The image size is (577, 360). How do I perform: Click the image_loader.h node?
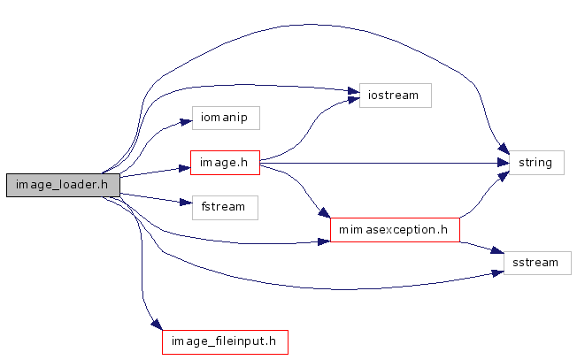(62, 185)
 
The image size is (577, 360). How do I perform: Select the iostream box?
(395, 95)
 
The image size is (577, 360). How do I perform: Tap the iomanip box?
(225, 117)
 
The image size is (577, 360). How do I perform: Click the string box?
(536, 163)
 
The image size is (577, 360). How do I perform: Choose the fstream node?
(224, 208)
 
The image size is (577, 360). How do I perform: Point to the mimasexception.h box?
(395, 230)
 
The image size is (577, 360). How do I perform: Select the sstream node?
(536, 262)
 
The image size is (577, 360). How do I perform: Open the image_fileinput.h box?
(225, 341)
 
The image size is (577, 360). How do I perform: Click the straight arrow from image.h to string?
(381, 163)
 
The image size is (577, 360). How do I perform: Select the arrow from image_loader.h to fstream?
(150, 195)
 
